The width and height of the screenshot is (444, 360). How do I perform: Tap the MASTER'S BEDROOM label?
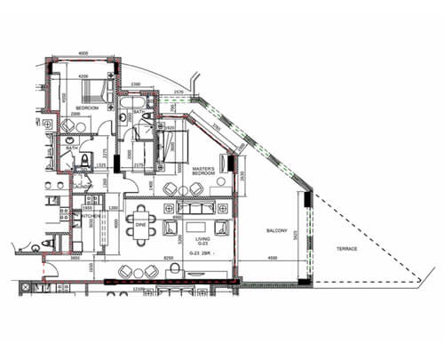click(204, 170)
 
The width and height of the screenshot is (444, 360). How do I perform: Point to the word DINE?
click(140, 225)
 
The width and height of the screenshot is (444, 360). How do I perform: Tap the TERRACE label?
click(346, 249)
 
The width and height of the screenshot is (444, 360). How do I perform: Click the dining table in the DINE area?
click(141, 218)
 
